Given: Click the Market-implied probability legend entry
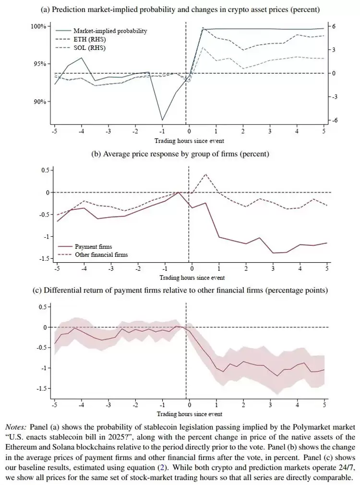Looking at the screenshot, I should [110, 31].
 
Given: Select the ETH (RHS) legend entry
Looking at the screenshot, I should [89, 39].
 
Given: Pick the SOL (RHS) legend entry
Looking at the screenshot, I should [89, 48].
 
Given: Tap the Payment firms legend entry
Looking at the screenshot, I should [93, 247].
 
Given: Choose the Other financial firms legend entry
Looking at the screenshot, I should [101, 255].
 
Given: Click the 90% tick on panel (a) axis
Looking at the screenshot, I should [39, 102].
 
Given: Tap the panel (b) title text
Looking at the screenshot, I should [180, 154].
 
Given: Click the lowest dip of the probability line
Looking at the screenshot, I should [162, 120].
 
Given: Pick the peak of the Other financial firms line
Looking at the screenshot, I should [205, 174].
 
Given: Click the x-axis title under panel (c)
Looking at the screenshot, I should [190, 413].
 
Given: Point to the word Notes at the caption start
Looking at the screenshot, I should [16, 426].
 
